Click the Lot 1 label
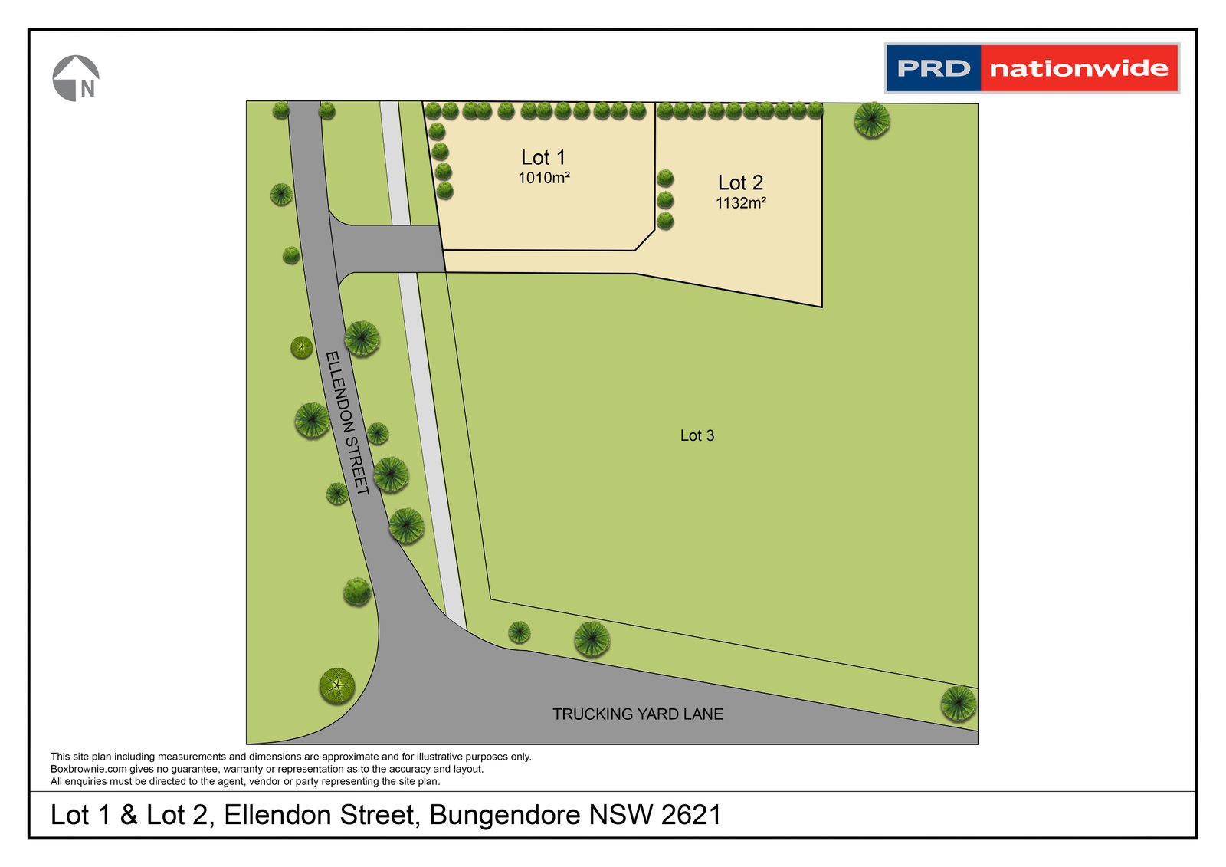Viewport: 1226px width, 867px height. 543,158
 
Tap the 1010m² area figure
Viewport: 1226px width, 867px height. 543,178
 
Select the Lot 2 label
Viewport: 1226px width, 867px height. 740,183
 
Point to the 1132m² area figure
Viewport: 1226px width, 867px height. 740,203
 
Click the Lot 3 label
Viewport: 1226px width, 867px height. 697,436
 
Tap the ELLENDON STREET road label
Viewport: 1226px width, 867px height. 347,423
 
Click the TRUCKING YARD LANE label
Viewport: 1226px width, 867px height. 638,714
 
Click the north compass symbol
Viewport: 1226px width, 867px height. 76,78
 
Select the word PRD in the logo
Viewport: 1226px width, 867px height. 933,69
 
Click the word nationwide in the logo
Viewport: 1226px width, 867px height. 1078,69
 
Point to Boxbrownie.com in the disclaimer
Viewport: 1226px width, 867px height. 88,769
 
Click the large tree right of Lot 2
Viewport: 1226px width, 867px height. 871,120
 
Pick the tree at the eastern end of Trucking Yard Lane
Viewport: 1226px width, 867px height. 958,703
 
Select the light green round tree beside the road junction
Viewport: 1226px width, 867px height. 337,685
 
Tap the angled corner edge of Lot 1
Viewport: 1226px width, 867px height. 645,240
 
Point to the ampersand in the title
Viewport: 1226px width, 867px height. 129,815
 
